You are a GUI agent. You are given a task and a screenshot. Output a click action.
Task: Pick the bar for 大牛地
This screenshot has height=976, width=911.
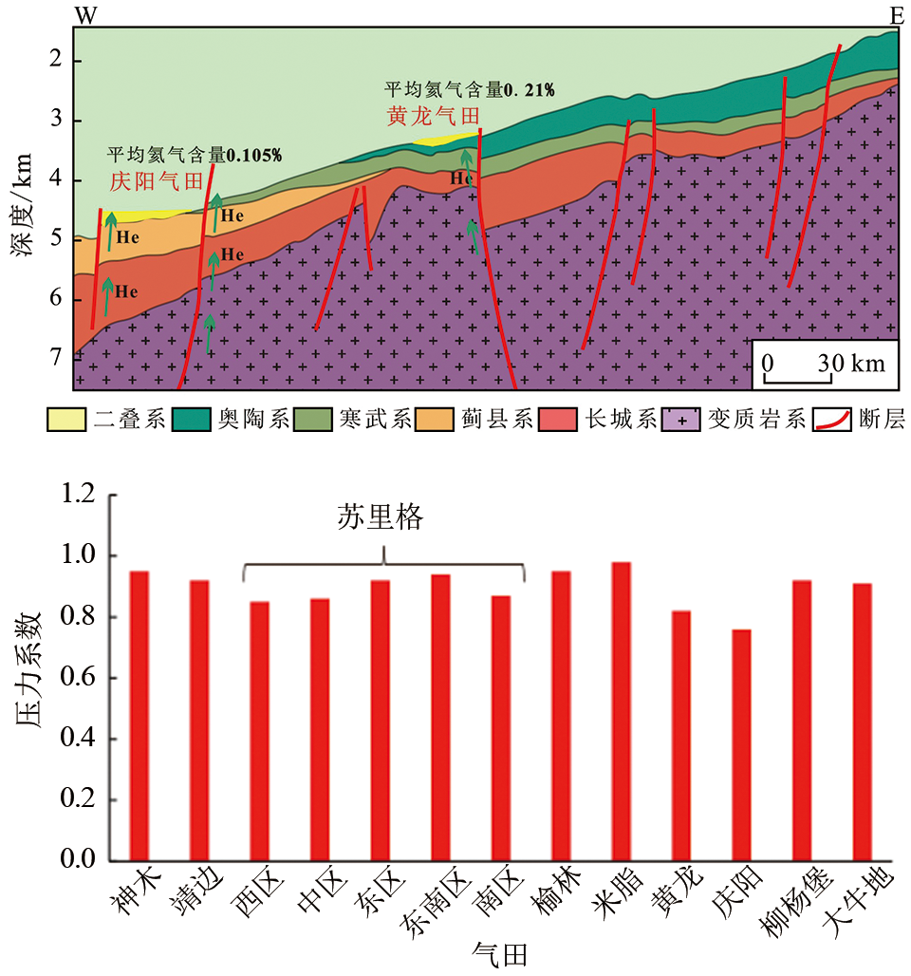(862, 722)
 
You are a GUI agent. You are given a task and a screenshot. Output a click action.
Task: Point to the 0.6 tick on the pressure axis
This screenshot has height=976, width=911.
(78, 679)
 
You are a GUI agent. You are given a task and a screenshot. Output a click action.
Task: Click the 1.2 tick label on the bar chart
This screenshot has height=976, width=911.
(78, 495)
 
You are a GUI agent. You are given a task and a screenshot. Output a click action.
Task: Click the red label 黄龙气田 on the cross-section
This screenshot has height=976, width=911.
(432, 117)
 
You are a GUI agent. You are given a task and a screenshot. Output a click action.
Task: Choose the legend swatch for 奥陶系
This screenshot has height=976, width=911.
(193, 420)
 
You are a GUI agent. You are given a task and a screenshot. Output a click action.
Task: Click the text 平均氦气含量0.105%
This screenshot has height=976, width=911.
(194, 155)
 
